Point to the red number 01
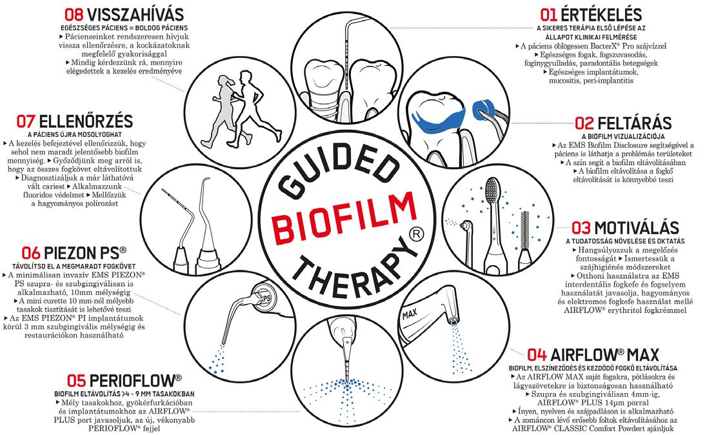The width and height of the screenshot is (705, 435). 550,14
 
